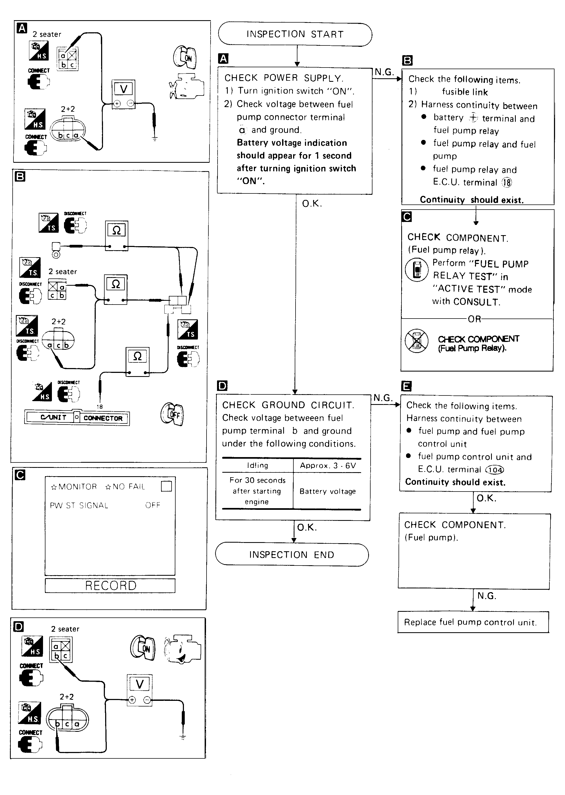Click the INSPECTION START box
click(x=295, y=34)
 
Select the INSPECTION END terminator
click(x=292, y=555)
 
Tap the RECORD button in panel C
click(x=110, y=586)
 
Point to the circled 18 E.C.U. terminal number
click(x=507, y=183)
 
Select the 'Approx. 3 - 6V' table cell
click(x=328, y=466)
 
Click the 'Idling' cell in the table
click(x=257, y=466)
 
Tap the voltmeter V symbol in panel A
click(x=123, y=90)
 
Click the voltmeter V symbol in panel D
click(x=140, y=684)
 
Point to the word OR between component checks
click(x=474, y=319)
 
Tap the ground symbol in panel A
click(x=154, y=138)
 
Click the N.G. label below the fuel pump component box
click(x=486, y=596)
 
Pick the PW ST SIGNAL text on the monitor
click(x=79, y=506)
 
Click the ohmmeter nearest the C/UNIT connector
click(x=137, y=361)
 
